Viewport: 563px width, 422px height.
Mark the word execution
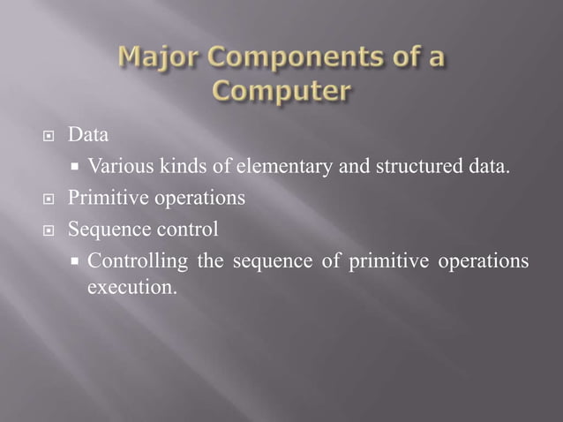tap(128, 287)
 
